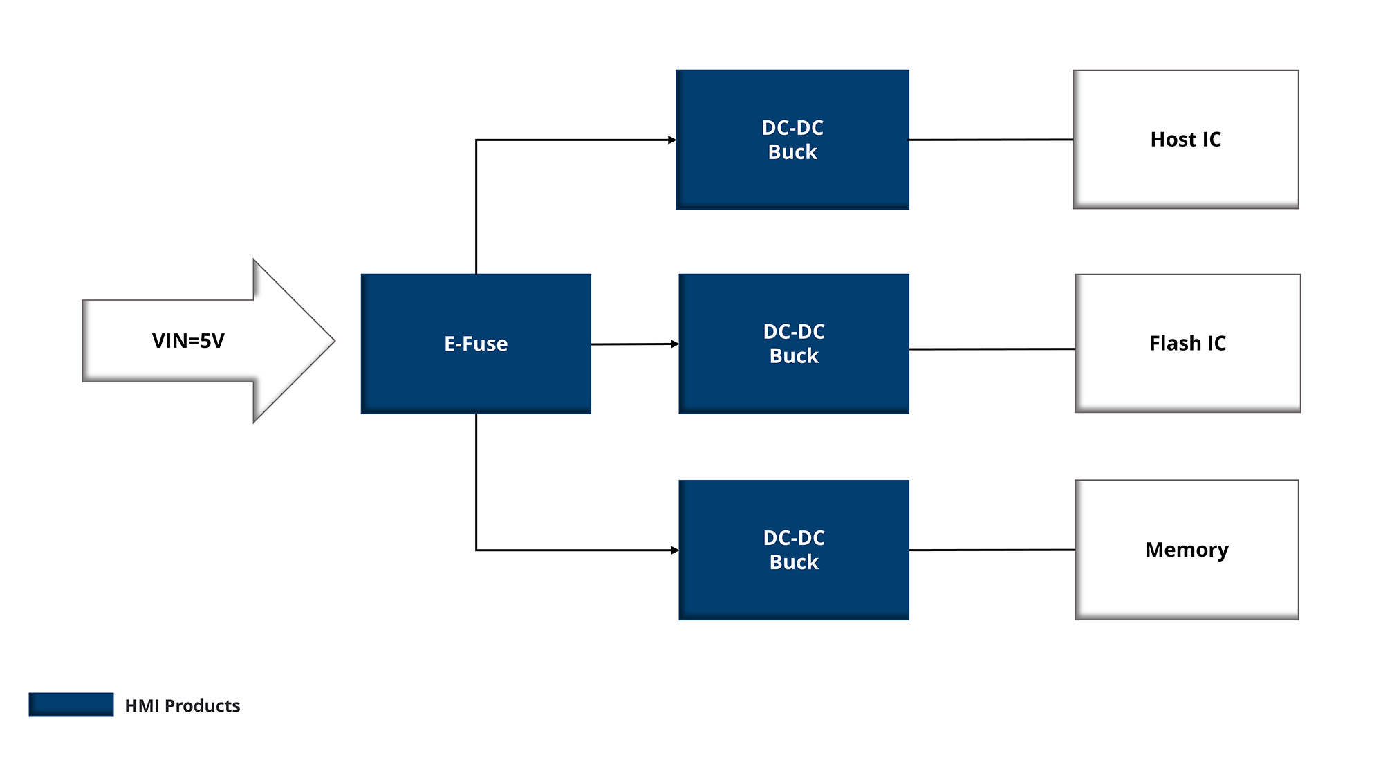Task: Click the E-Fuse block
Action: pyautogui.click(x=476, y=344)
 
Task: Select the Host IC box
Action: pyautogui.click(x=1185, y=139)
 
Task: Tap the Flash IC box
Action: pyautogui.click(x=1187, y=343)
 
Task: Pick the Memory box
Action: pyautogui.click(x=1187, y=550)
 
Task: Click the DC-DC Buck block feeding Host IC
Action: pyautogui.click(x=792, y=140)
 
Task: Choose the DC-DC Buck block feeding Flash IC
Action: pyautogui.click(x=794, y=344)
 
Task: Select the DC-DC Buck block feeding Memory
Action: pyautogui.click(x=794, y=550)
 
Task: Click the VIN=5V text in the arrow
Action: pyautogui.click(x=188, y=341)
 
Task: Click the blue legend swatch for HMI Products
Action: pyautogui.click(x=71, y=705)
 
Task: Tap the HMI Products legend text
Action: pyautogui.click(x=183, y=705)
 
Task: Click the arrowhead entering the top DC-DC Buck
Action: pyautogui.click(x=672, y=140)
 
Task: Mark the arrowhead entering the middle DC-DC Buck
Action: pyautogui.click(x=674, y=344)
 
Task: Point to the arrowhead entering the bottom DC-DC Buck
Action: pyautogui.click(x=674, y=550)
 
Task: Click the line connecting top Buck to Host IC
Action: pyautogui.click(x=990, y=140)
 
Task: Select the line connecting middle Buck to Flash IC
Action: pyautogui.click(x=992, y=349)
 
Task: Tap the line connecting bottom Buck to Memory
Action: pyautogui.click(x=992, y=550)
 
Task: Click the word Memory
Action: pyautogui.click(x=1187, y=550)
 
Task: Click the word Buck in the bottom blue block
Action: pyautogui.click(x=794, y=562)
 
